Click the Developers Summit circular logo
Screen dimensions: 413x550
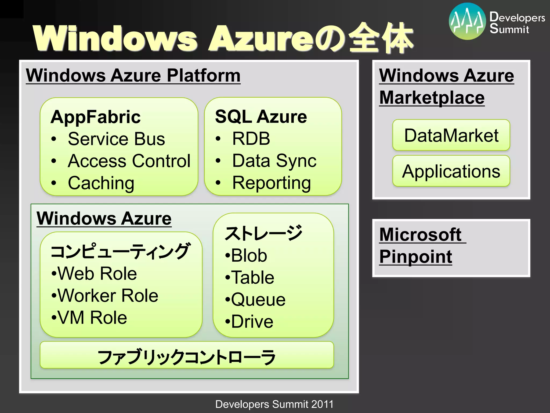point(467,22)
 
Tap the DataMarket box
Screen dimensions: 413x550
point(451,135)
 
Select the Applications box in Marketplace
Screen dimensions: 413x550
point(451,171)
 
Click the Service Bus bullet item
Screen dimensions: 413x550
point(116,139)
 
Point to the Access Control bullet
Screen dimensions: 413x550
point(129,161)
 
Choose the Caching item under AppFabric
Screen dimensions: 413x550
point(101,183)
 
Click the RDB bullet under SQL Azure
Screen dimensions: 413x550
point(251,139)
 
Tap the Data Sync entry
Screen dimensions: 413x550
point(274,161)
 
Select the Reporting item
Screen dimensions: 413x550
point(272,183)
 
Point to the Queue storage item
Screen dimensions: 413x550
point(258,300)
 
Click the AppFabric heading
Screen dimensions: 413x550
point(96,117)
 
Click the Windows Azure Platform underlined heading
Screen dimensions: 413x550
point(133,76)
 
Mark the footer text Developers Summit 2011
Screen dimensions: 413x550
point(274,404)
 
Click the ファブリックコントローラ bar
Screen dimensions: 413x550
point(187,357)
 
